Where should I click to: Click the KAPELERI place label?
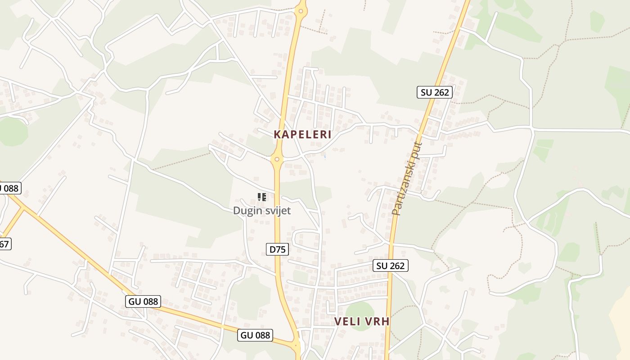click(x=302, y=134)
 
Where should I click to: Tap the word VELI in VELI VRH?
click(x=347, y=321)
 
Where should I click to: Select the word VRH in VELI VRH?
click(x=377, y=321)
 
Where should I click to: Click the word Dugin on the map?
click(x=247, y=211)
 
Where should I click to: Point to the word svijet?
click(x=277, y=211)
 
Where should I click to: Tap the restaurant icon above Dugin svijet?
click(x=261, y=197)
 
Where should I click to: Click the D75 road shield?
click(x=277, y=249)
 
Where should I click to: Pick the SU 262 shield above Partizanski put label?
click(x=434, y=92)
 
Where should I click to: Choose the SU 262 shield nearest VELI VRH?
click(x=390, y=265)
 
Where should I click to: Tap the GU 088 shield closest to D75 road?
click(x=255, y=335)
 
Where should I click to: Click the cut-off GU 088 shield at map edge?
click(x=9, y=188)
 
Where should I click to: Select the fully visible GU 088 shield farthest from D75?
click(x=143, y=301)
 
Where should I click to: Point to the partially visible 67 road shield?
click(x=4, y=244)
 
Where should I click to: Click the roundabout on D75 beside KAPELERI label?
click(x=277, y=159)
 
